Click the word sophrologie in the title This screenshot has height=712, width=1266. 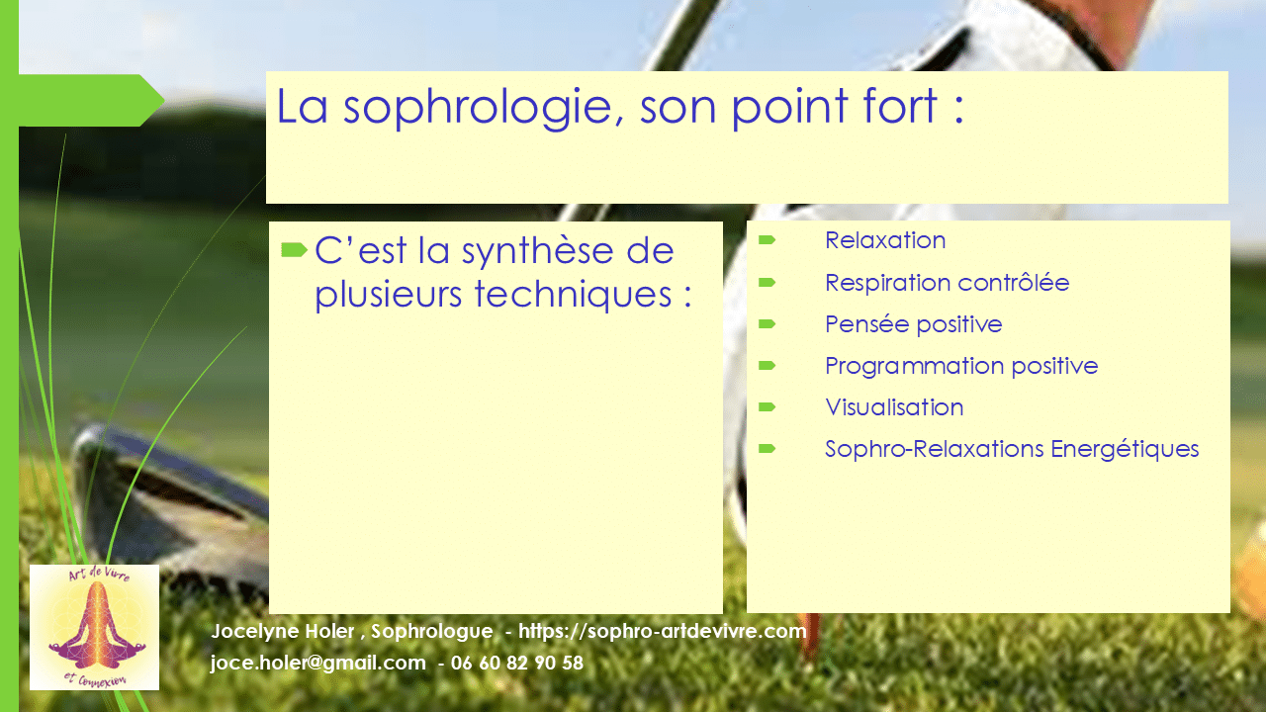coord(478,109)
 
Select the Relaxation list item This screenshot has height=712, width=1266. coord(885,240)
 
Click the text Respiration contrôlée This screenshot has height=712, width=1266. coord(948,283)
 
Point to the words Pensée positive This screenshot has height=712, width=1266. coord(913,324)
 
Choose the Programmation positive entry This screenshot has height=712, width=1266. coord(961,366)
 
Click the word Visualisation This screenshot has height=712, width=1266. coord(894,407)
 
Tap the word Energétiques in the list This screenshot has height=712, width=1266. coord(1125,449)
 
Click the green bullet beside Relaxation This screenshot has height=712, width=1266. coord(767,240)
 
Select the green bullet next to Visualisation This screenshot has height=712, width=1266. coord(767,406)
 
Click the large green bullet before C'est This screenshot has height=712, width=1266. coord(294,249)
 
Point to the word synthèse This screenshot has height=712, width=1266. coord(537,252)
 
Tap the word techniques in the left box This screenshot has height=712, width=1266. coord(573,295)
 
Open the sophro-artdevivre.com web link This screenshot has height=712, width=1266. coord(663,631)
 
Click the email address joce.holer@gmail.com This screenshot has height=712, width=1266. coord(318,663)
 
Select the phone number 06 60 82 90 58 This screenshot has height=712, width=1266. coord(517,663)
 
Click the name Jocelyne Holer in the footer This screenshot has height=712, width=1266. coord(283,631)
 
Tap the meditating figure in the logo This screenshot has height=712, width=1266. coord(97,627)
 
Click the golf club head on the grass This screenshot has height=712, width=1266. coord(169,497)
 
